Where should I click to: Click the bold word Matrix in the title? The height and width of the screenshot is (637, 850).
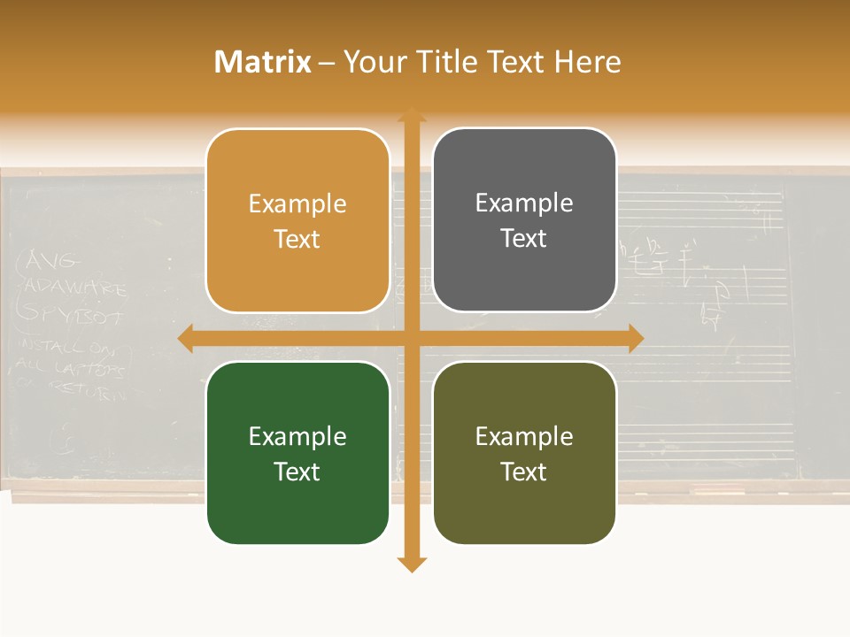(263, 62)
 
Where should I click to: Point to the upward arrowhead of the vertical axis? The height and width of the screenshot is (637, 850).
(411, 114)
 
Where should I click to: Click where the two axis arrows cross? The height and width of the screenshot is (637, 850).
(411, 338)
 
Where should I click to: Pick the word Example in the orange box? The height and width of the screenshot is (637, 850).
(297, 203)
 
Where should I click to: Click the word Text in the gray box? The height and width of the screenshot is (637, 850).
(524, 239)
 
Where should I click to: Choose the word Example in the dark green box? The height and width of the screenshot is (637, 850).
(297, 436)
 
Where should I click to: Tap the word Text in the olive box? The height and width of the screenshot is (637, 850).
(524, 472)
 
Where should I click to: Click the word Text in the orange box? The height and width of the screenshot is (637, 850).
(297, 239)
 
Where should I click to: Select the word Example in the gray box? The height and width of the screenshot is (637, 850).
(524, 203)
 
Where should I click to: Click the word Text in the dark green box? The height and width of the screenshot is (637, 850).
(297, 472)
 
